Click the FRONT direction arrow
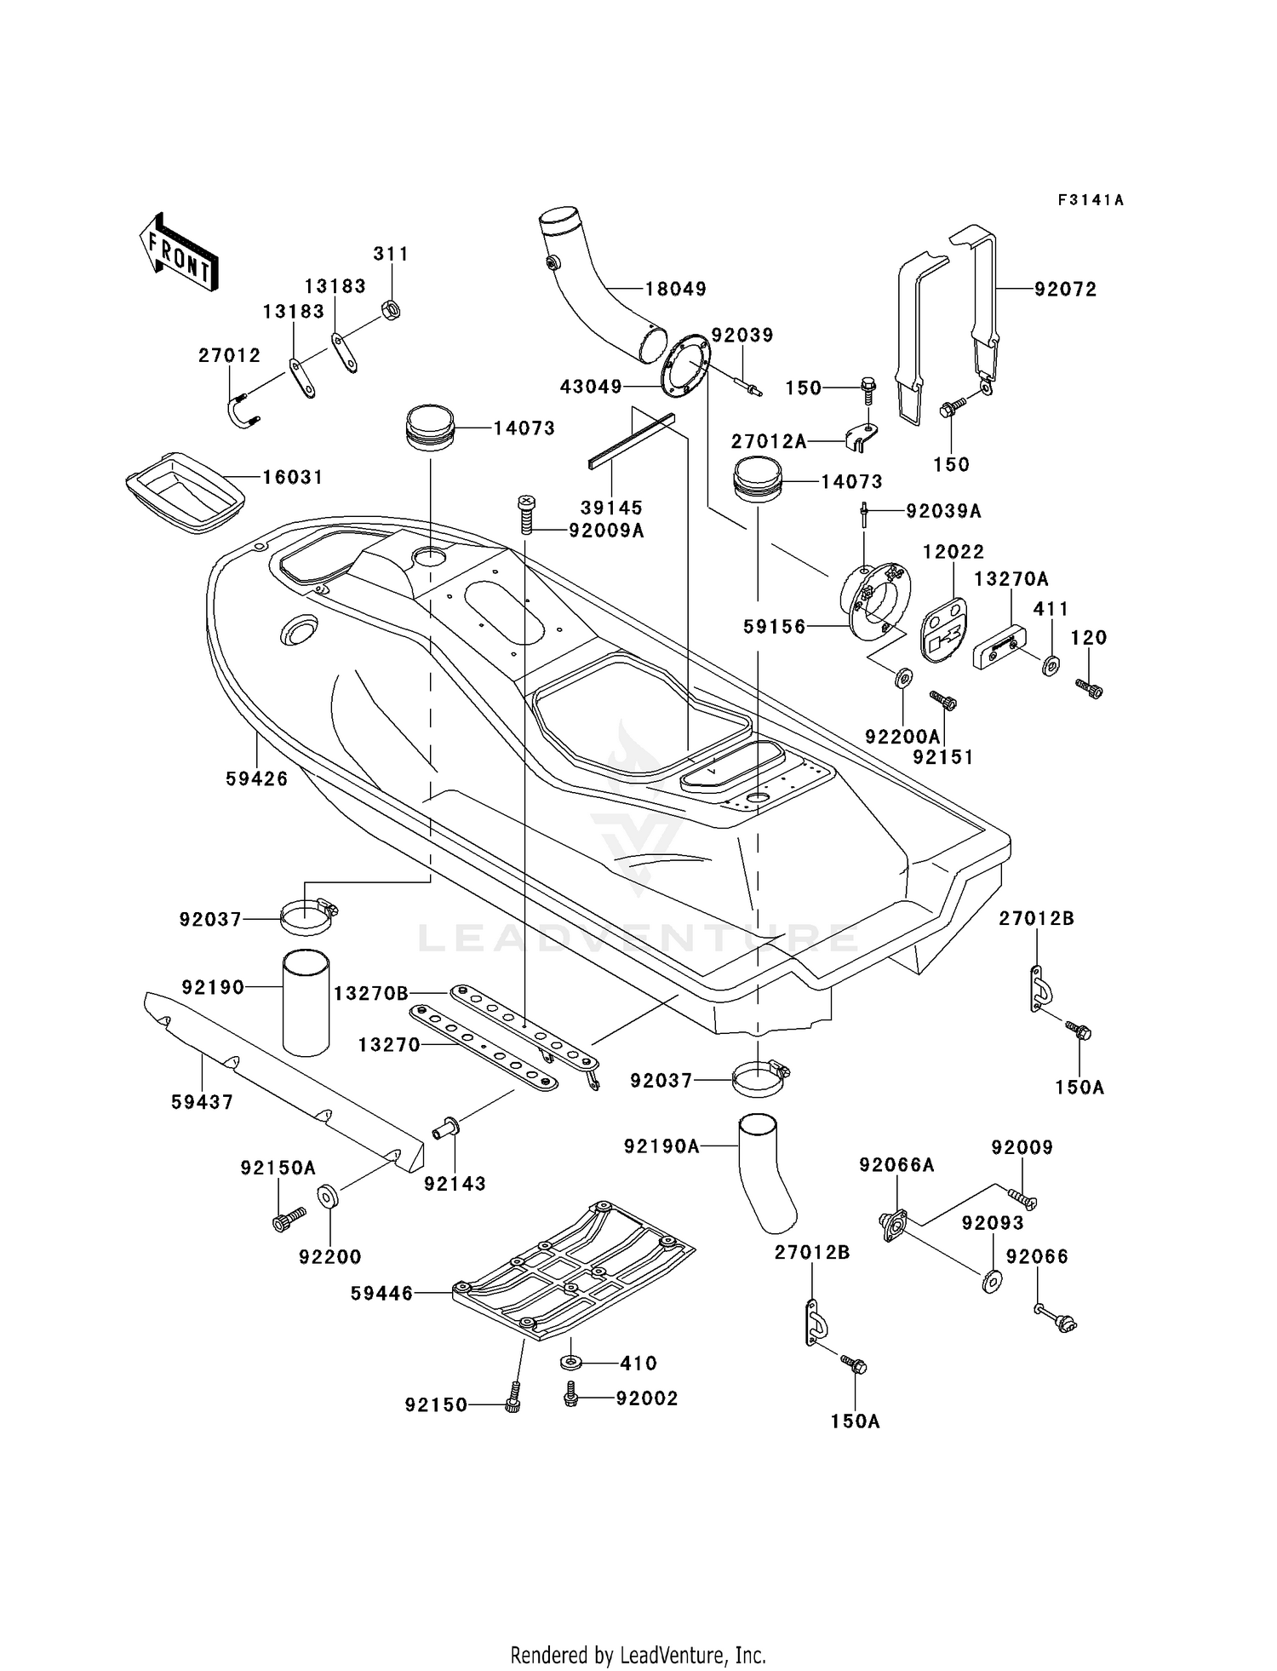coord(178,251)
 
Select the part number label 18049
coord(676,289)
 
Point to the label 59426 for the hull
coord(257,778)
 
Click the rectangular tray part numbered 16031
coord(185,492)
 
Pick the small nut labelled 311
coord(392,308)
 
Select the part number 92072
coord(1066,289)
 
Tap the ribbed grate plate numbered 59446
coord(574,1270)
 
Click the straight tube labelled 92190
coord(306,1002)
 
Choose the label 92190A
coord(661,1146)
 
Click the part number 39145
coord(611,508)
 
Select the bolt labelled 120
coord(1089,687)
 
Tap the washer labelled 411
coord(1051,663)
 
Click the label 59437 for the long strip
coord(203,1102)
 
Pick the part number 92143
coord(455,1184)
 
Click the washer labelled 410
coord(571,1363)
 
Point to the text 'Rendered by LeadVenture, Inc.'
coord(638,1655)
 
